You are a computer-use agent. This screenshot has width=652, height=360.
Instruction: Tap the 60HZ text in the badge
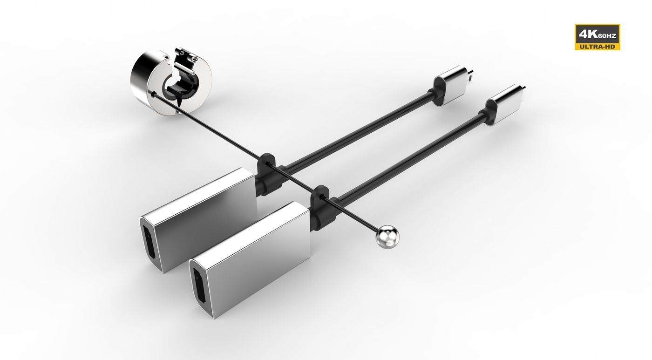click(x=607, y=36)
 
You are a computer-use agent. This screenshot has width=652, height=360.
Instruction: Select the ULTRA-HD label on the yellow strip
click(x=597, y=47)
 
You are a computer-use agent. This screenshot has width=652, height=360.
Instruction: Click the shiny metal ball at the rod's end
click(x=387, y=238)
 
